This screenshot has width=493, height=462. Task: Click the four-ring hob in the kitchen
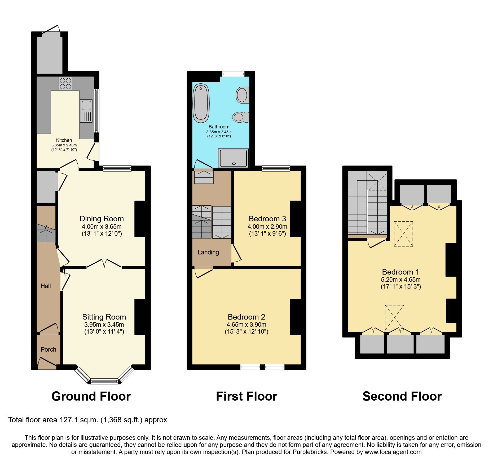click(65, 83)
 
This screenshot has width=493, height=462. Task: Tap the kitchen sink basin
click(86, 105)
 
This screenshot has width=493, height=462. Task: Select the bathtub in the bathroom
click(201, 103)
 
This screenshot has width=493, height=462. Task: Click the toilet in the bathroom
click(240, 117)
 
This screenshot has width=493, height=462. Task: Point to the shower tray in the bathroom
click(234, 158)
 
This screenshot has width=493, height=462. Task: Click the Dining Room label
click(102, 219)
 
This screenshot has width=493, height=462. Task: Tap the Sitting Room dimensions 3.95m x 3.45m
click(104, 325)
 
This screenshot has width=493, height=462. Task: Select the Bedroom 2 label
click(246, 317)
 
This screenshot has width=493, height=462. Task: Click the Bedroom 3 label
click(267, 219)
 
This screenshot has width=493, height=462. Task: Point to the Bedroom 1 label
click(400, 272)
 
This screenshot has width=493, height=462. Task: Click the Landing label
click(208, 252)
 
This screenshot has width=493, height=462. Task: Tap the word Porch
click(48, 349)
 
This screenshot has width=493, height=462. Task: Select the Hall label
click(46, 286)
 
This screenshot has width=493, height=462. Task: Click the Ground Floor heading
click(91, 396)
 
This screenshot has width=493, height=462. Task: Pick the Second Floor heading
click(402, 396)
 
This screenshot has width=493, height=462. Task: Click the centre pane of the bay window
click(104, 382)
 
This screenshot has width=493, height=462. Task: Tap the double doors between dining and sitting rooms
click(104, 264)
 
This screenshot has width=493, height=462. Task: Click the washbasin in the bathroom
click(242, 95)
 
